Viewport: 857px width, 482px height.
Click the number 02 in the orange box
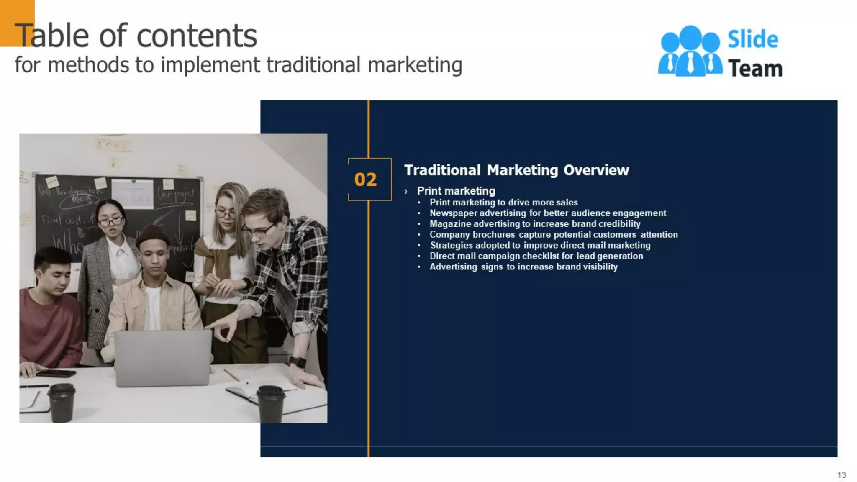pos(365,179)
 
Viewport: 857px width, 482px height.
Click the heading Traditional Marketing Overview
pos(516,170)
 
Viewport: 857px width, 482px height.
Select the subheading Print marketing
pos(456,191)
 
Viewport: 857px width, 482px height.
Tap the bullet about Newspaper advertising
pos(547,213)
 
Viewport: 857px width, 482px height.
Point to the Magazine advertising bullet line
pos(534,224)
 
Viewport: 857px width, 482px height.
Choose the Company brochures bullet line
pos(553,235)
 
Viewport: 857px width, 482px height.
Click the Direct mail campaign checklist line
pos(536,256)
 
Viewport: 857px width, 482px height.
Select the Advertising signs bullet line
pos(523,267)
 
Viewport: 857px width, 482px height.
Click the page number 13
pos(842,475)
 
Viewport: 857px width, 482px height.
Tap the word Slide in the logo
pos(753,40)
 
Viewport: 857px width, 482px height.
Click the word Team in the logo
pos(755,69)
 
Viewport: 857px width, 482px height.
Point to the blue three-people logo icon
pos(690,51)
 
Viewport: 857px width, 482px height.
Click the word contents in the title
pos(197,36)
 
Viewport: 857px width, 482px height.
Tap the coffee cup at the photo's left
pos(62,403)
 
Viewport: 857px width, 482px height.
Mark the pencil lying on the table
pos(231,375)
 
